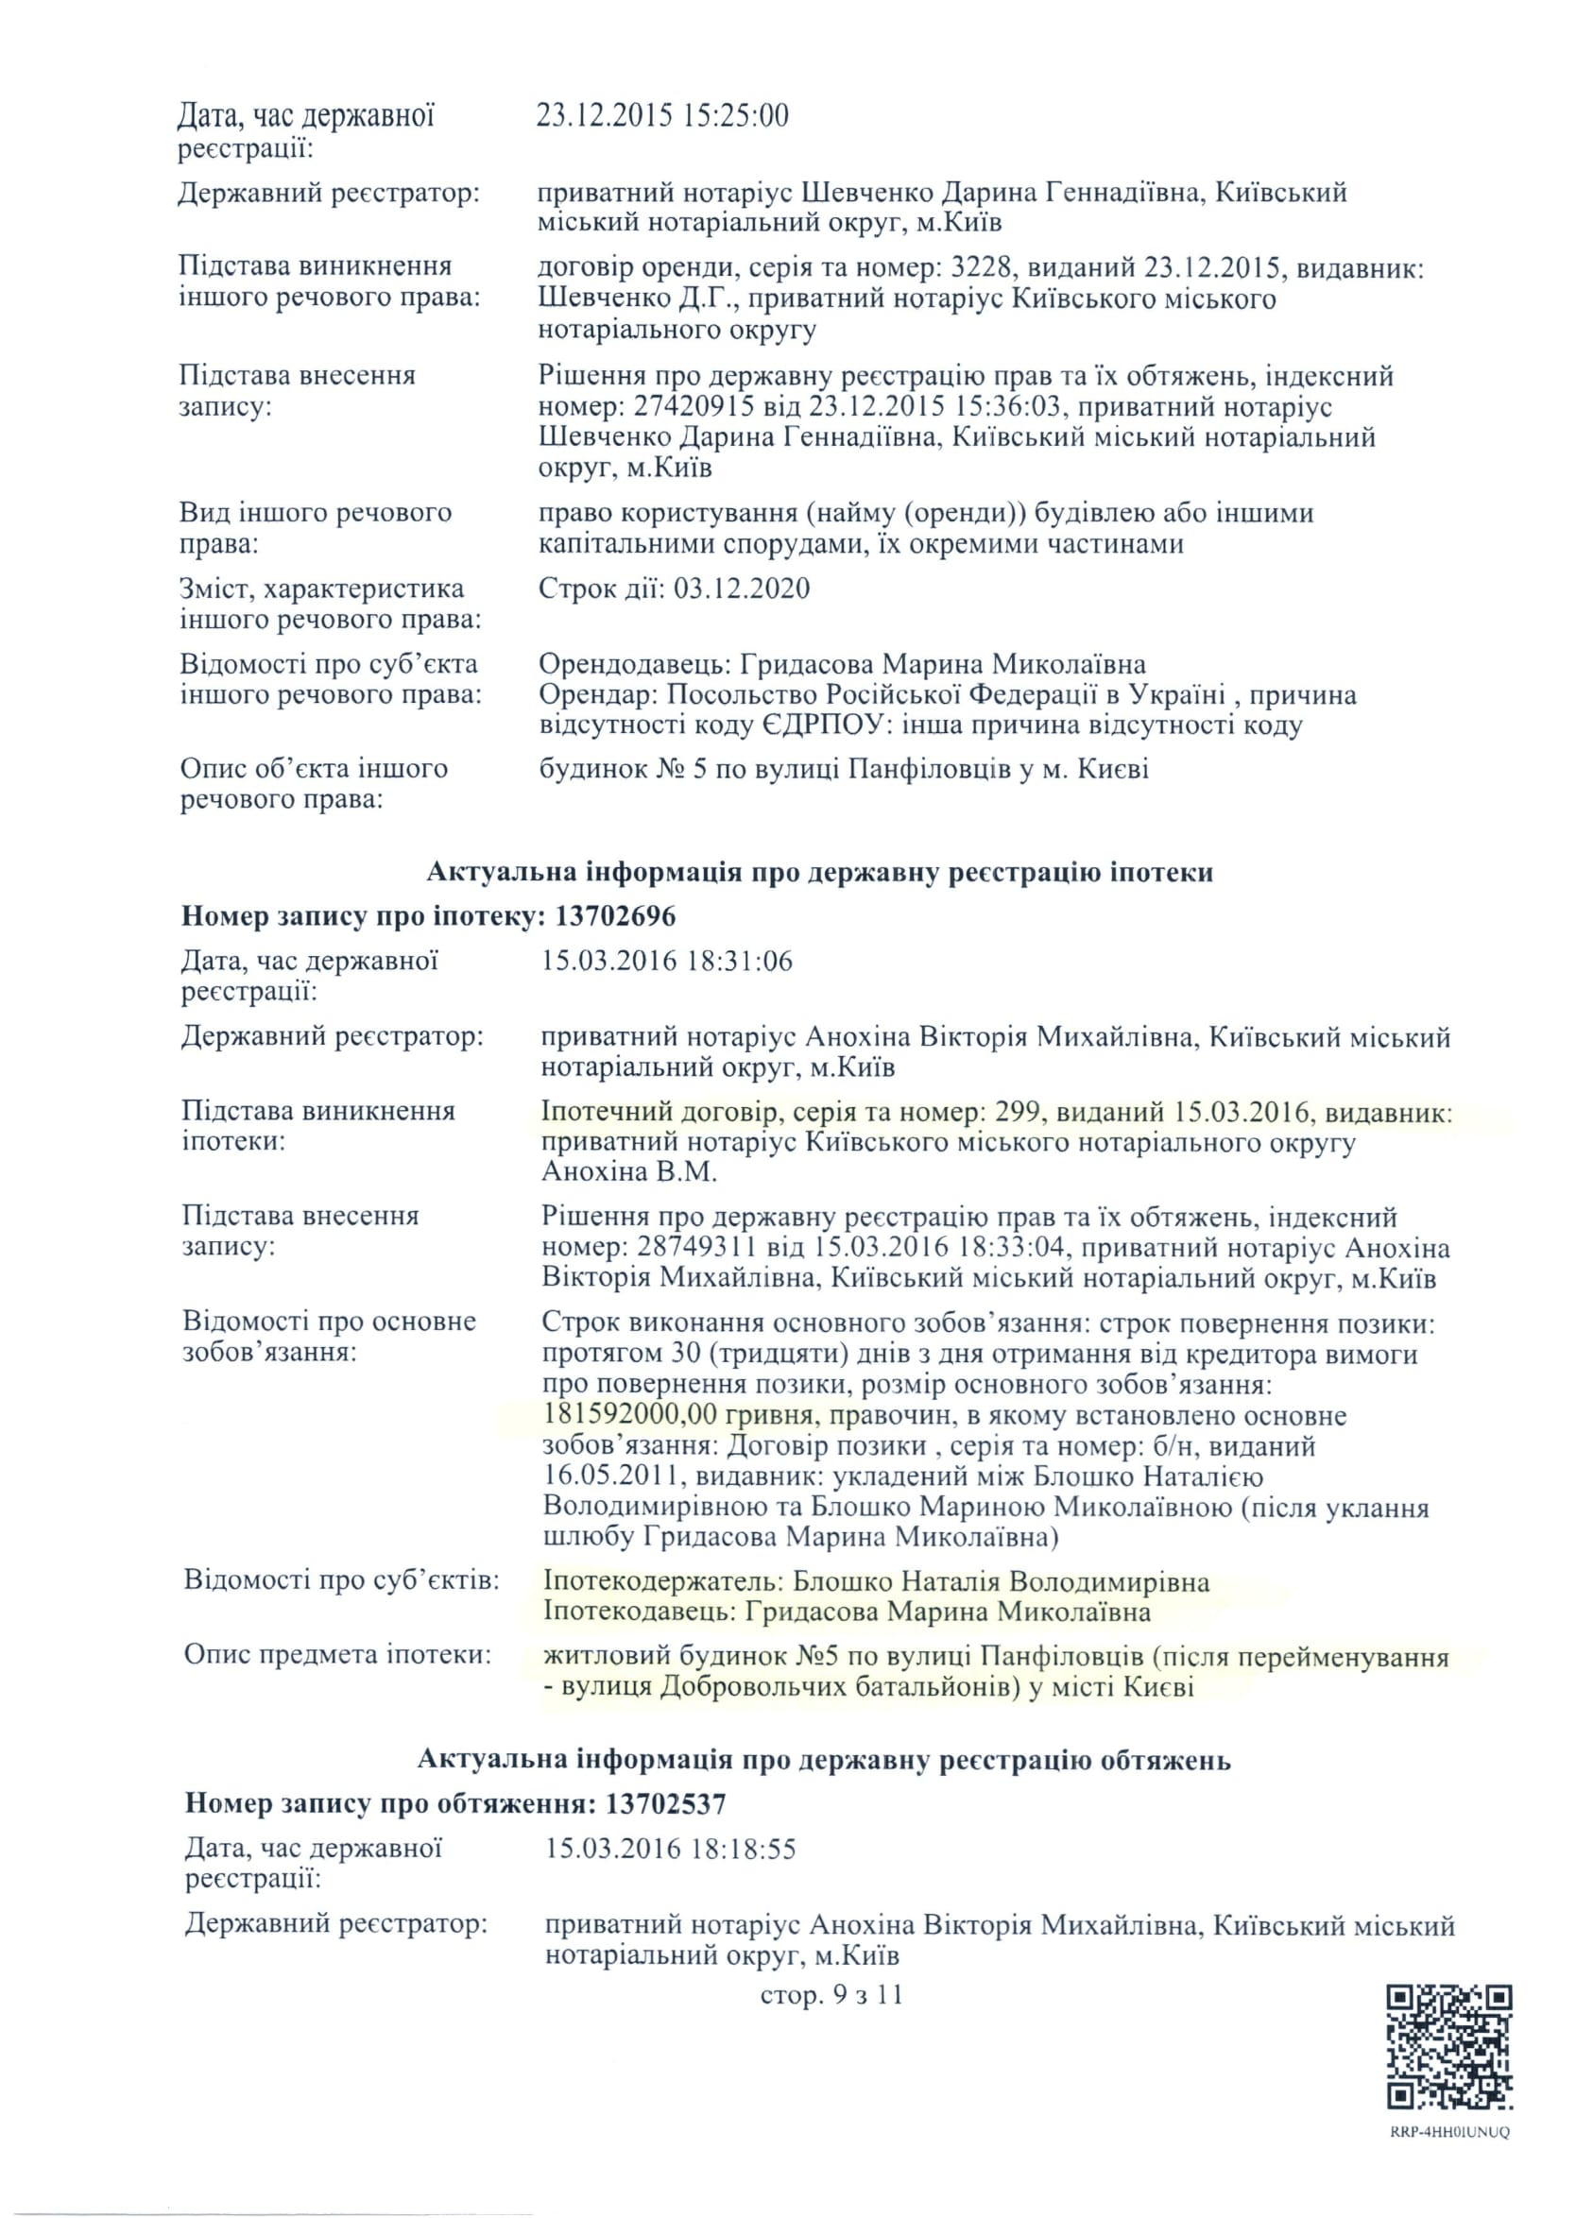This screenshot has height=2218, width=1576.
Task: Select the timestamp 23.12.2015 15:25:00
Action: tap(663, 116)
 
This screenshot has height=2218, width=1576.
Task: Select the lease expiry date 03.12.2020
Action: tap(742, 589)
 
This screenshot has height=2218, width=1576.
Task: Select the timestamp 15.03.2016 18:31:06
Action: tap(667, 962)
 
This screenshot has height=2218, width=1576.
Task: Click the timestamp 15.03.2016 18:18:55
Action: tap(671, 1849)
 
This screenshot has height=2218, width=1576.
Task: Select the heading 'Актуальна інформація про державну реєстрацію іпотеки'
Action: tap(819, 872)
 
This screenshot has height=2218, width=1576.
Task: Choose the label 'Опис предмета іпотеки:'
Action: tap(337, 1654)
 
